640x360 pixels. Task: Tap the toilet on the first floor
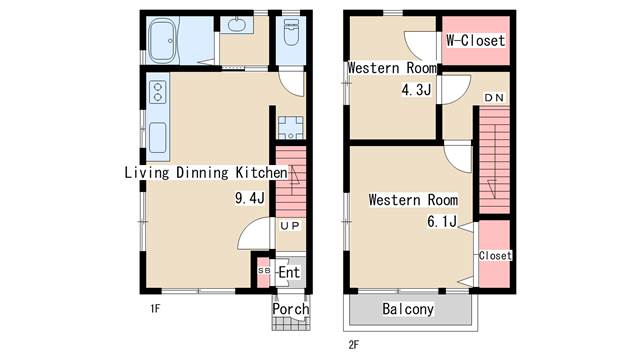(x=291, y=32)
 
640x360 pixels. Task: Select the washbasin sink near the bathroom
(x=236, y=25)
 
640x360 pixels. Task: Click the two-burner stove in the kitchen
(x=158, y=92)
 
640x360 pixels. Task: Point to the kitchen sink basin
(x=158, y=138)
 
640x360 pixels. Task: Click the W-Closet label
(x=476, y=40)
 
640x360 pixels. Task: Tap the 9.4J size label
(x=250, y=198)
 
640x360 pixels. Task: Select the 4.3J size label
(x=416, y=90)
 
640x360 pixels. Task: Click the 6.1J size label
(x=442, y=222)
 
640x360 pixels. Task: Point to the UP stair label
(x=290, y=226)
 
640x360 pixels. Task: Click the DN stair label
(x=494, y=98)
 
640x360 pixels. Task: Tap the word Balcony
(x=408, y=309)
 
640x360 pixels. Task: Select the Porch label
(x=291, y=309)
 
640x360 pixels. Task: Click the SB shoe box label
(x=264, y=271)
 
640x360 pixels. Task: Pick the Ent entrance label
(x=289, y=272)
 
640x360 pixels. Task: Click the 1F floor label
(x=155, y=309)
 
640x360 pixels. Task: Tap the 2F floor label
(x=354, y=345)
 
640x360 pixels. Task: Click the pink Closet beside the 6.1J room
(x=494, y=254)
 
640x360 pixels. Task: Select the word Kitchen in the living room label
(x=261, y=173)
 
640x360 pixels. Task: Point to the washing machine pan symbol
(x=291, y=128)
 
